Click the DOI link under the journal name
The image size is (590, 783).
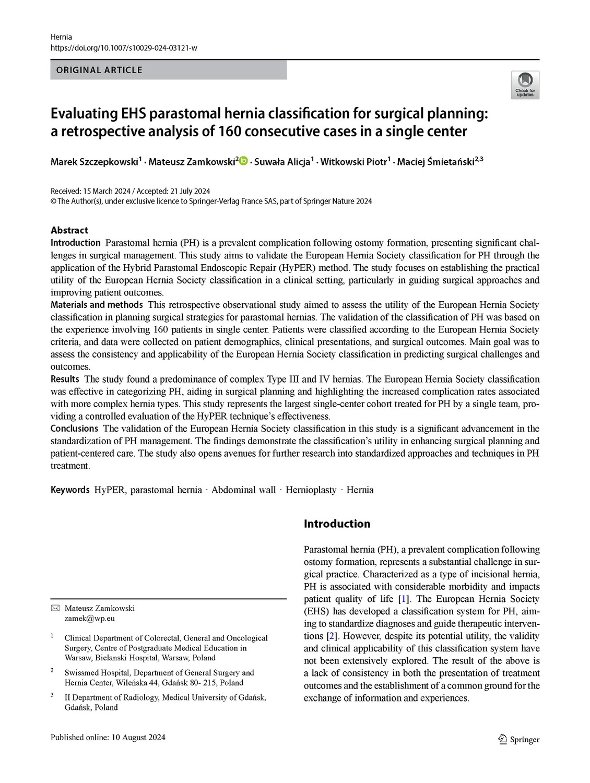click(x=124, y=48)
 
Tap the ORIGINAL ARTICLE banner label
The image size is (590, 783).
click(x=99, y=70)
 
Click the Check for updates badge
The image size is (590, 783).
click(x=525, y=85)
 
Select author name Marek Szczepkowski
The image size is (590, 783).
click(x=95, y=162)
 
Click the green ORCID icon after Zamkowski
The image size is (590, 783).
click(x=244, y=161)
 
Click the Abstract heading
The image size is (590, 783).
click(x=69, y=230)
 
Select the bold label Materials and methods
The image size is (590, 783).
click(x=97, y=305)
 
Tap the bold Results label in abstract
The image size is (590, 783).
click(x=65, y=379)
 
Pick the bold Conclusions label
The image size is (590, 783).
click(x=74, y=429)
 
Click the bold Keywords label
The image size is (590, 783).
click(x=70, y=490)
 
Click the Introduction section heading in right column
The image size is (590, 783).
click(x=337, y=524)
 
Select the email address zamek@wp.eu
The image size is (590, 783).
click(x=89, y=619)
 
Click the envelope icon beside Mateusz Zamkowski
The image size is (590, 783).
click(x=55, y=609)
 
